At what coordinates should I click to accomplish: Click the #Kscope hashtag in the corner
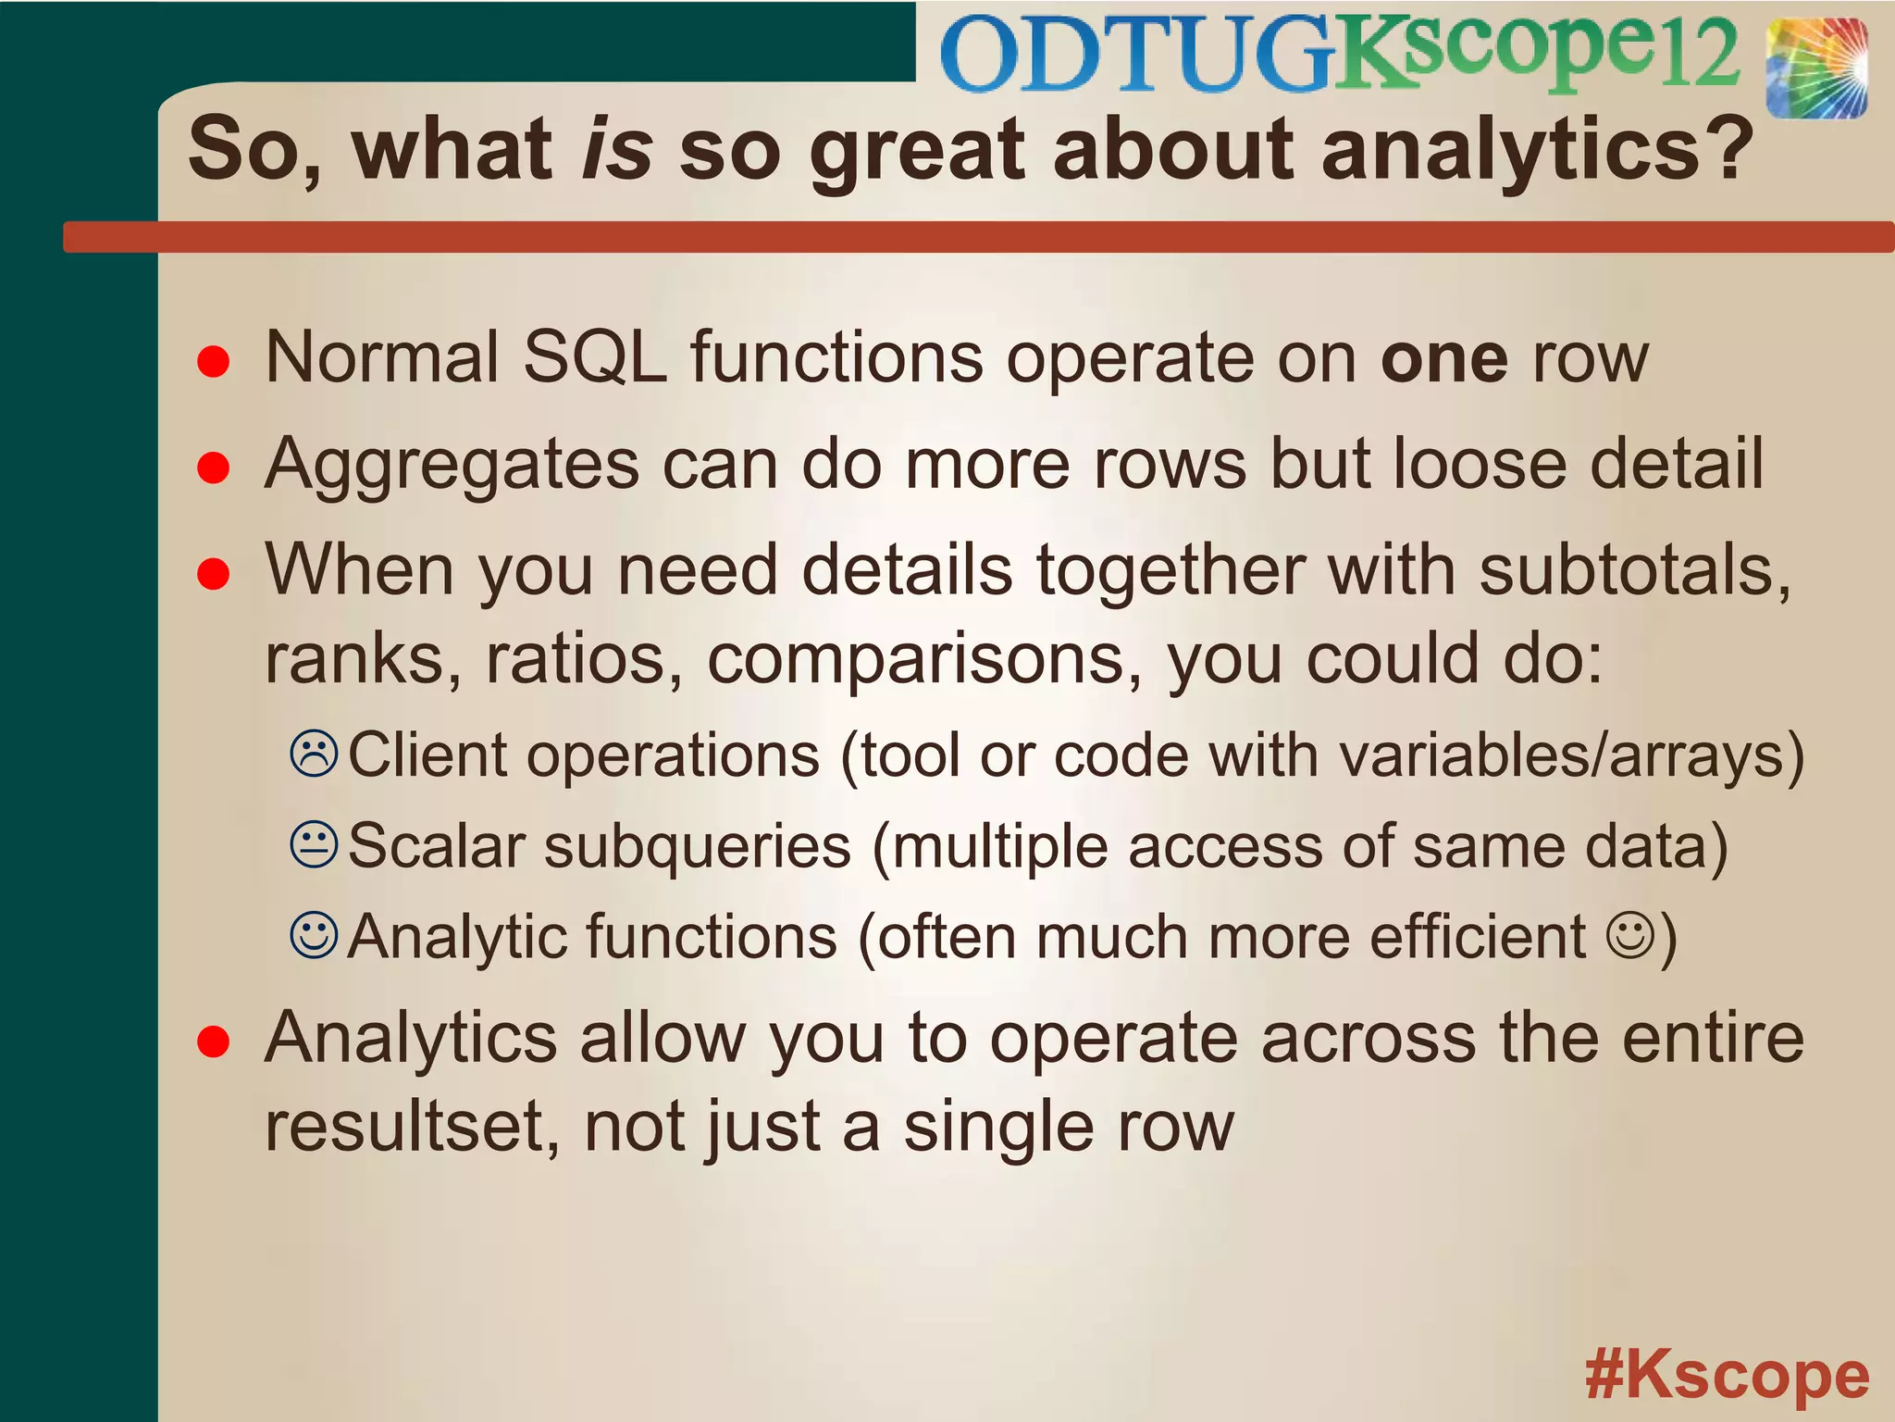(1727, 1376)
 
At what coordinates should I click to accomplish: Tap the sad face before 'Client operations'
(315, 754)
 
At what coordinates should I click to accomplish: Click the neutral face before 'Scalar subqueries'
(315, 844)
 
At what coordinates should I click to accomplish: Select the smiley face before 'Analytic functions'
(315, 935)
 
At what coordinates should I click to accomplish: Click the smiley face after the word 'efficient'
(1629, 935)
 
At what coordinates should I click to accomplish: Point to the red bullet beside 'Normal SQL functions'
(214, 361)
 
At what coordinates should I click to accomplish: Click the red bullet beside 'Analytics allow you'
(214, 1042)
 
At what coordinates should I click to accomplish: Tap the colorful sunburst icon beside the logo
(1815, 69)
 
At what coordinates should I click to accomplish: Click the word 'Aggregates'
(452, 465)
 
